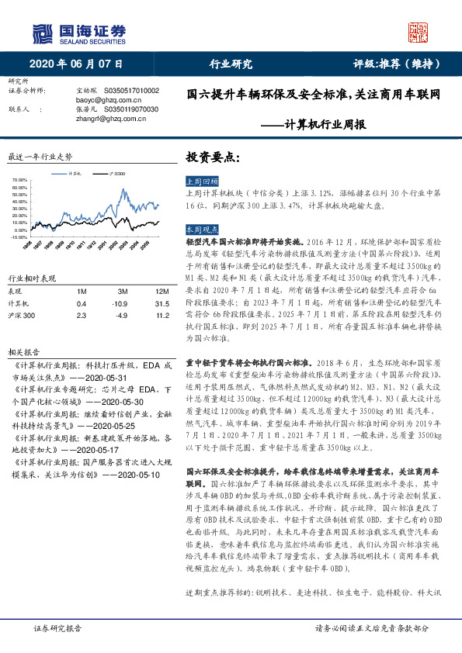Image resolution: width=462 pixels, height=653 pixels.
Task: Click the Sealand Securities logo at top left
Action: (78, 33)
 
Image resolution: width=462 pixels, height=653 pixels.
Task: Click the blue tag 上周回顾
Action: (201, 178)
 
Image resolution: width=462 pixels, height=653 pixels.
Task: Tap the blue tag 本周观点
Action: (201, 230)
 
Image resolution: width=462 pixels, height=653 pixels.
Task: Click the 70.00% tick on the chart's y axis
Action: (21, 180)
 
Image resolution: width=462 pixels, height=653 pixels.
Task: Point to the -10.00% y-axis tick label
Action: (21, 238)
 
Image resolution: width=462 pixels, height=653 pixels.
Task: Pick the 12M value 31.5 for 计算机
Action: (162, 303)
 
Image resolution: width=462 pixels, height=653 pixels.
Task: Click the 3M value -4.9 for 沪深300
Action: (120, 316)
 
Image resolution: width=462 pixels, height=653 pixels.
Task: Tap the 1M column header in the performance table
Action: (82, 291)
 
